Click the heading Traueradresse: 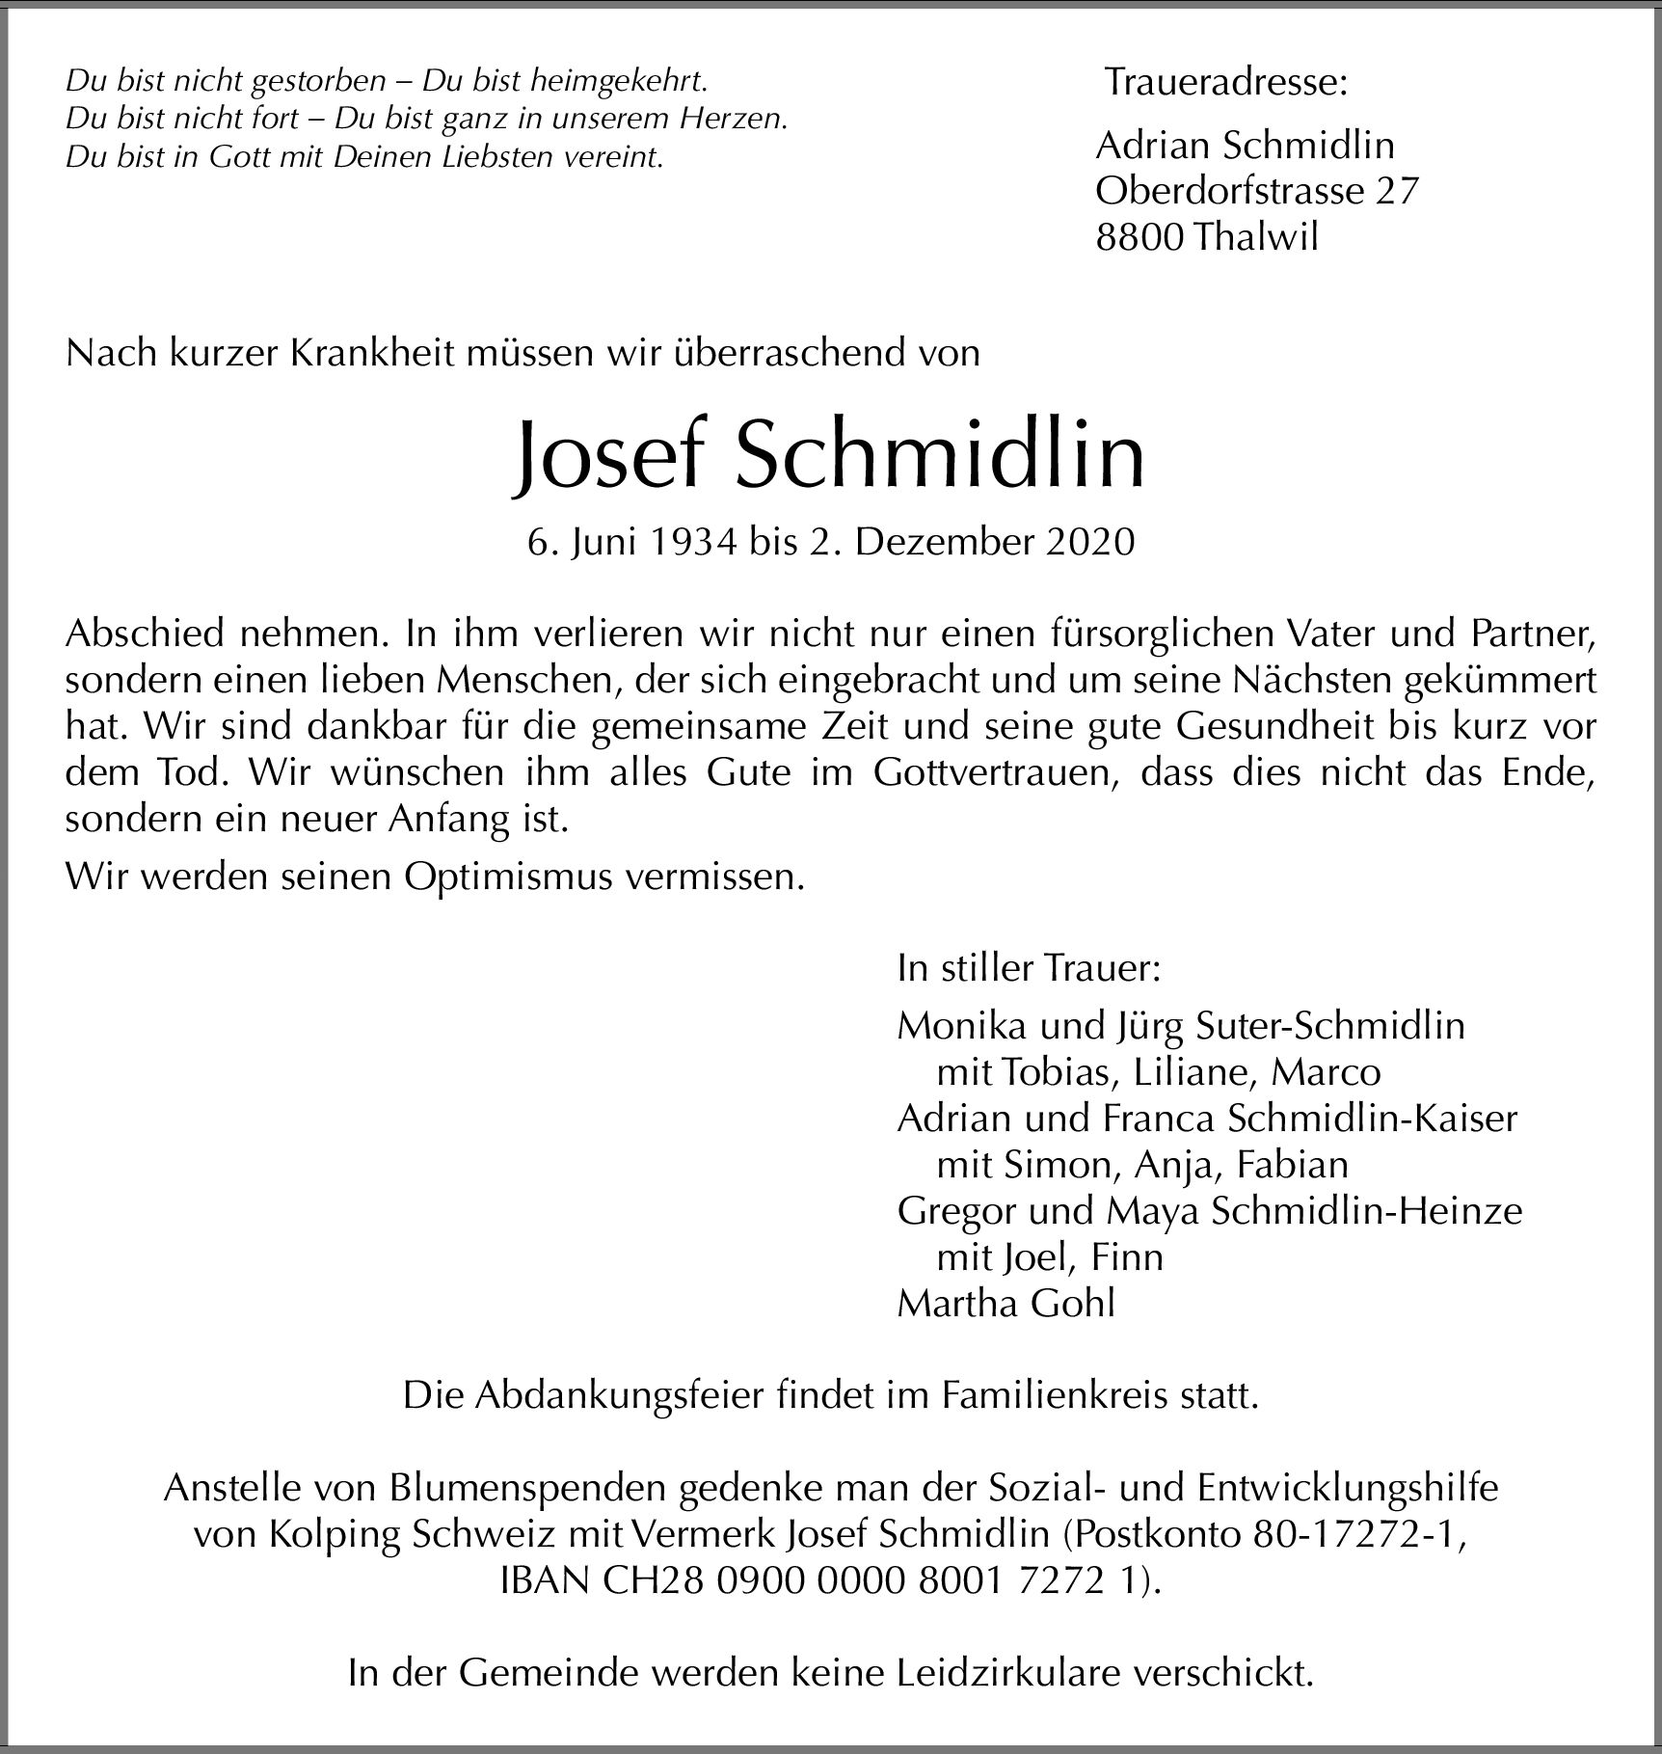1225,83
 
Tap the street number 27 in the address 1397,191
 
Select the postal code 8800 1139,237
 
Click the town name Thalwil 1255,237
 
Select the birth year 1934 692,543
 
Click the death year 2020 1089,543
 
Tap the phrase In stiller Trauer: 1029,967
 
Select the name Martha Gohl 1005,1303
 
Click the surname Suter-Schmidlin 1329,1025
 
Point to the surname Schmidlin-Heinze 1366,1210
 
